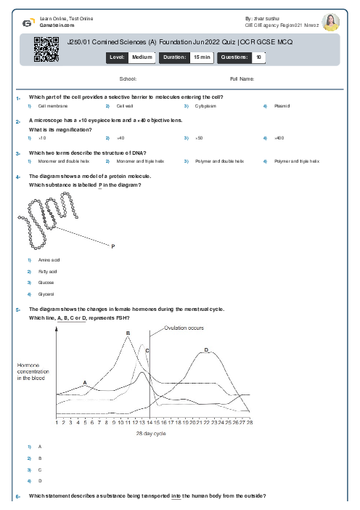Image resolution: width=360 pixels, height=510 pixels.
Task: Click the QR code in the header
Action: (x=41, y=49)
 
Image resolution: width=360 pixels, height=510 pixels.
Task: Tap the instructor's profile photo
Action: (x=331, y=22)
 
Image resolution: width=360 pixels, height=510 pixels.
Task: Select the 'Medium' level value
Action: (x=142, y=57)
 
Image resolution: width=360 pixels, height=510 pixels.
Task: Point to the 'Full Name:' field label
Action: (x=242, y=78)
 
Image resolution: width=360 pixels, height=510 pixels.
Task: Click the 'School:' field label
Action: (x=128, y=78)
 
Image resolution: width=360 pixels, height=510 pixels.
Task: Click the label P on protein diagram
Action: (x=113, y=247)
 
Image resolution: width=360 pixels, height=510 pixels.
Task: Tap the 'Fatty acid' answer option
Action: (x=48, y=271)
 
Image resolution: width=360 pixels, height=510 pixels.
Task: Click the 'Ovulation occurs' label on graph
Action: (x=185, y=328)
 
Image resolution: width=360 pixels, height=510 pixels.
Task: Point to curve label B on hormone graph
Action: (x=128, y=333)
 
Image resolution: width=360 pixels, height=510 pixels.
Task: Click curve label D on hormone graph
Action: (x=206, y=350)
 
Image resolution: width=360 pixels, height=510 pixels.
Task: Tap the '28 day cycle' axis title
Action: (x=151, y=433)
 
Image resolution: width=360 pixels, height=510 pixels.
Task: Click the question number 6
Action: (x=17, y=495)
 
